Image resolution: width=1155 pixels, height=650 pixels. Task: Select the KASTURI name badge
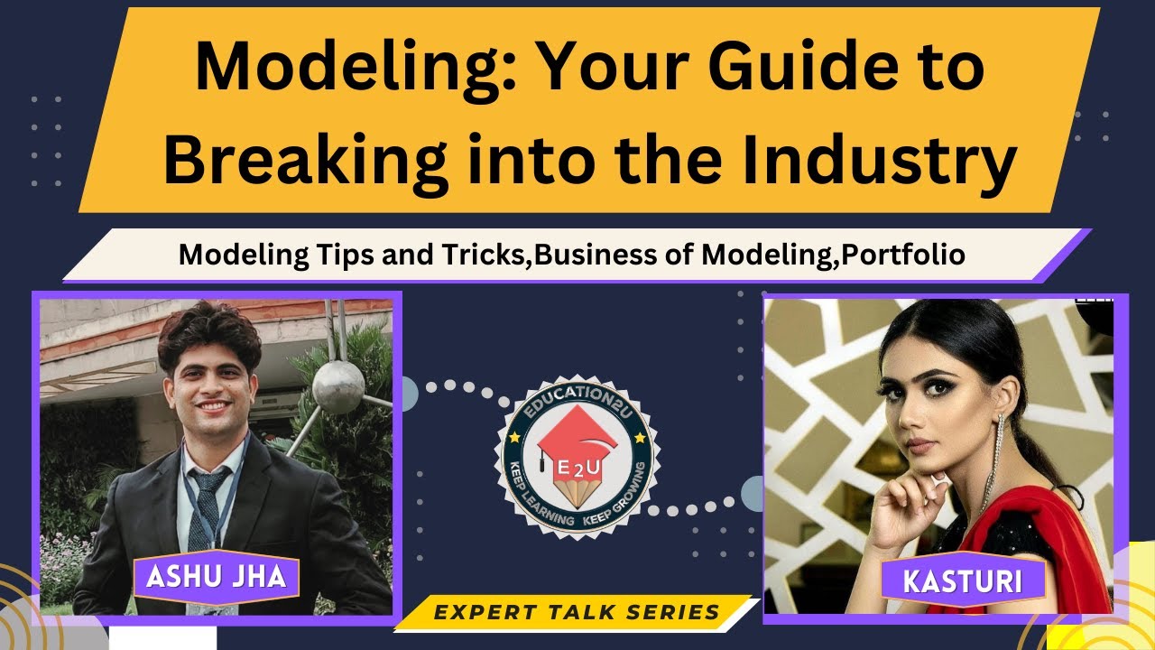coord(963,580)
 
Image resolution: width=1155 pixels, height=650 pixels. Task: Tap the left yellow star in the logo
coord(514,437)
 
